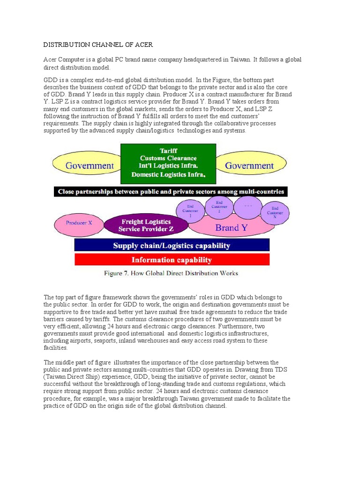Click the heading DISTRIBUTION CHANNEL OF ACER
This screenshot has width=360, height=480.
coord(98,45)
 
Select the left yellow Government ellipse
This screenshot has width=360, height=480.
coord(90,165)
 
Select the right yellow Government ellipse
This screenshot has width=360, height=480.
coord(249,165)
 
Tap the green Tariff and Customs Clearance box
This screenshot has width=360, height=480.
coord(168,164)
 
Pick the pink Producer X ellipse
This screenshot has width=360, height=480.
coord(79,223)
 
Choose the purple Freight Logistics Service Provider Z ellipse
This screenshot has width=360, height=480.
coord(146,225)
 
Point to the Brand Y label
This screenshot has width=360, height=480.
coord(231,228)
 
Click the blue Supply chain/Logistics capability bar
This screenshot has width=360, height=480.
coord(172,245)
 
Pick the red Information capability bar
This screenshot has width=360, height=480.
coord(172,260)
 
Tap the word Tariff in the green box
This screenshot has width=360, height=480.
coord(168,151)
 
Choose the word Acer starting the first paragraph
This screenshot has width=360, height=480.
coord(52,60)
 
